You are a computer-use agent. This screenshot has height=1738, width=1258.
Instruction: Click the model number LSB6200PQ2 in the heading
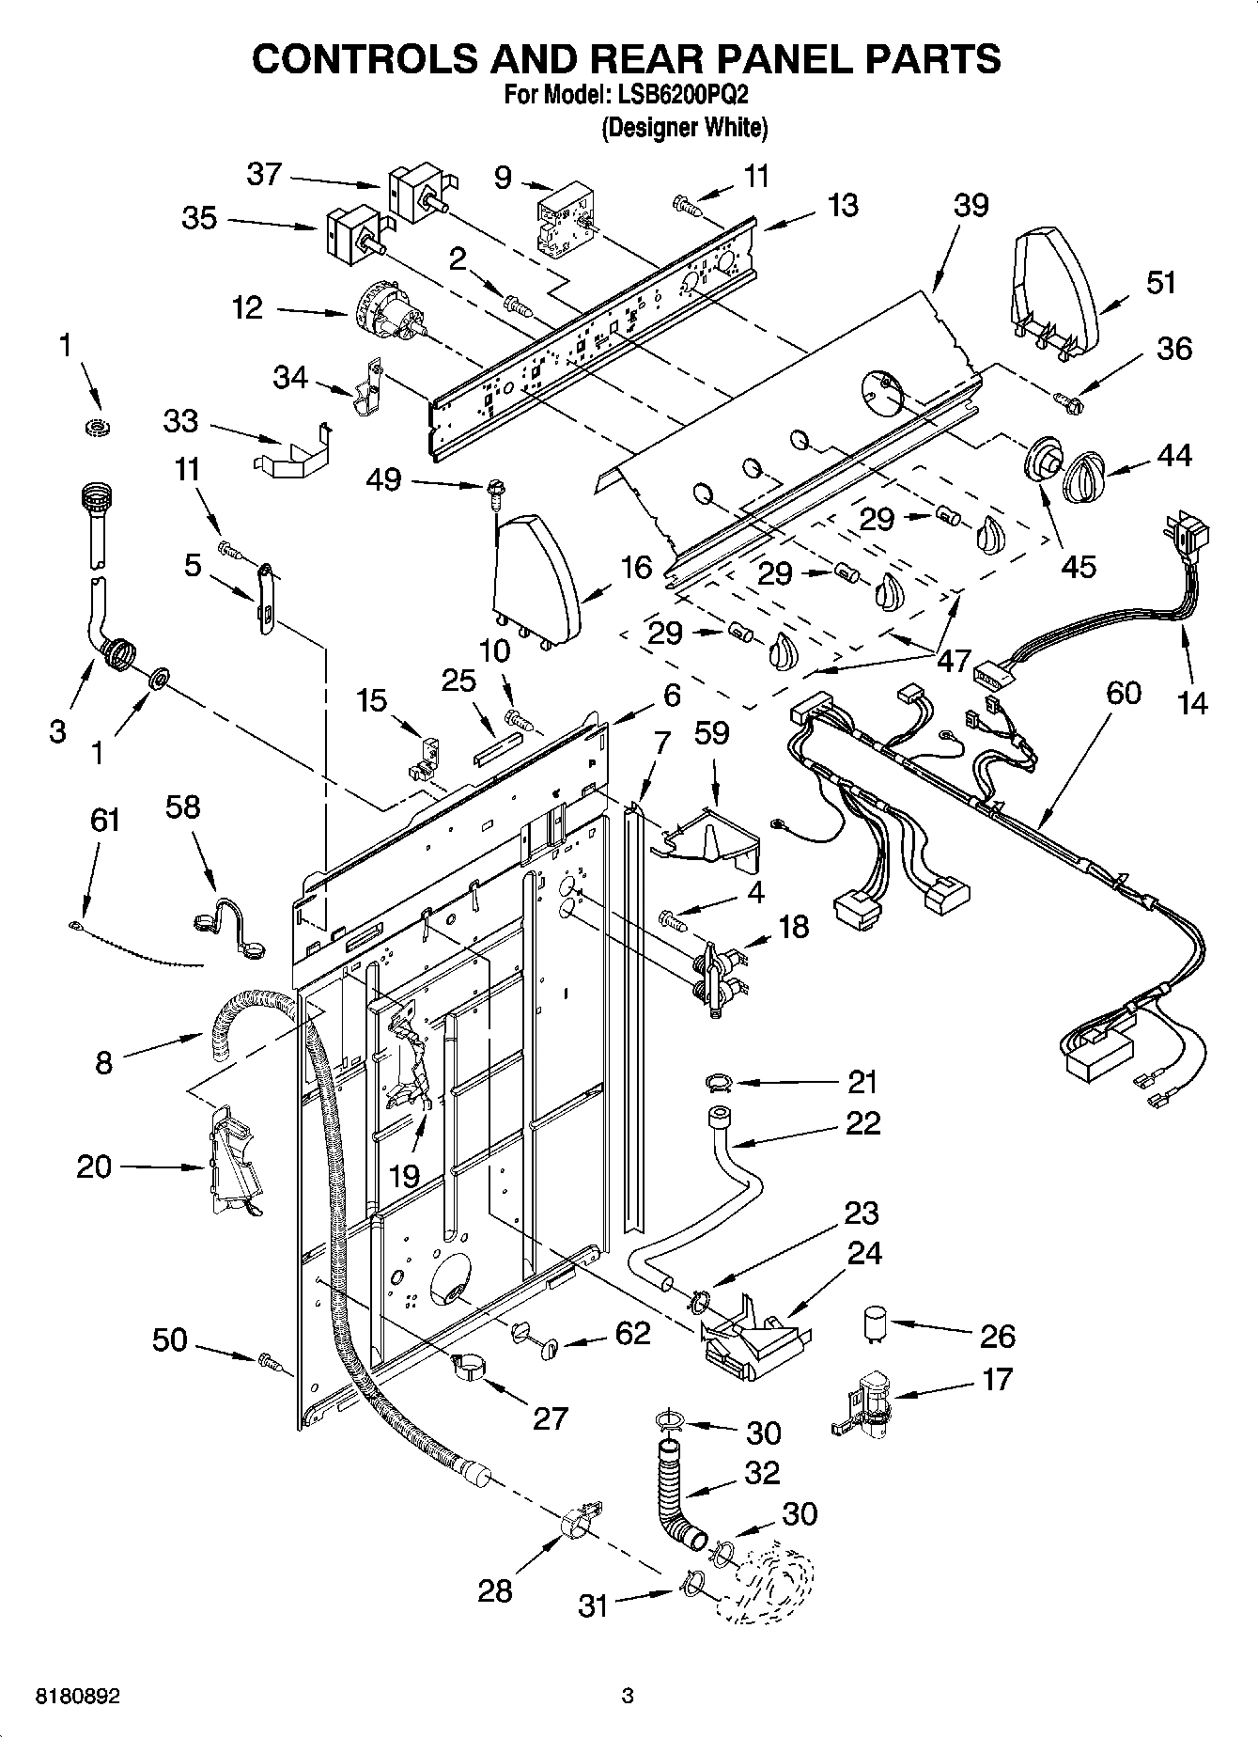(x=682, y=95)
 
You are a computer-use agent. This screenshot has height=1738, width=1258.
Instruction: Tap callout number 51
(x=1162, y=282)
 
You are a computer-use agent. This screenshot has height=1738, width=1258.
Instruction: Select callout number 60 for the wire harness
(x=1123, y=693)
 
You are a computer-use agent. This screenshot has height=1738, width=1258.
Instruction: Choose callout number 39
(x=971, y=205)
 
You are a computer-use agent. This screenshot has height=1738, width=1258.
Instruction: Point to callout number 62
(x=632, y=1332)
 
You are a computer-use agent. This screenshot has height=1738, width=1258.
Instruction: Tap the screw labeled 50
(x=271, y=1360)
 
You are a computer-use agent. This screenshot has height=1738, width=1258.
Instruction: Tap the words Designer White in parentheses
(x=684, y=128)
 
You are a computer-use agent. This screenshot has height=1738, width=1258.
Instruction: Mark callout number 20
(x=94, y=1166)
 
